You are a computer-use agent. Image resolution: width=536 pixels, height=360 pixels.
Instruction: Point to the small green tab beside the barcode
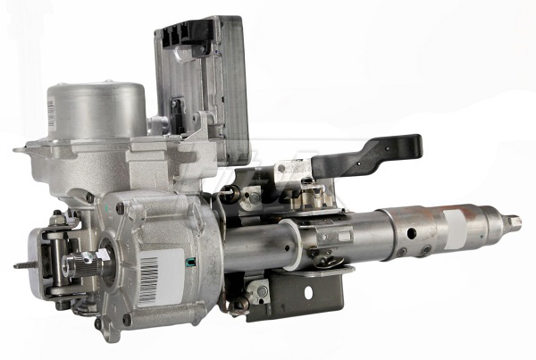click(188, 262)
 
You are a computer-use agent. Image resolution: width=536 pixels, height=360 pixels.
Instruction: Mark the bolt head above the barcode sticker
click(120, 209)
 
